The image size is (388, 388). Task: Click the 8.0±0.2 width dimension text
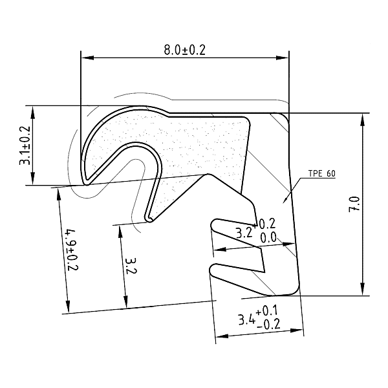pos(184,50)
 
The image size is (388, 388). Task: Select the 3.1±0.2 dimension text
pos(25,145)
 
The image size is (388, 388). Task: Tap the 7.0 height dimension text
pos(354,204)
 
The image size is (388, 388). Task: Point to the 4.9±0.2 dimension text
pos(72,250)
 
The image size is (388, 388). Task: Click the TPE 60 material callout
pos(322,173)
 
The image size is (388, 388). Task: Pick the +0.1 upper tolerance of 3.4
pos(266,311)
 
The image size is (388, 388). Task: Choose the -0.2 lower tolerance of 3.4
pos(269,325)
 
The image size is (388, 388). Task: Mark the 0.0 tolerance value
pos(268,238)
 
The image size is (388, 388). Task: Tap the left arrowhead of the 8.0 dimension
pos(87,58)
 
